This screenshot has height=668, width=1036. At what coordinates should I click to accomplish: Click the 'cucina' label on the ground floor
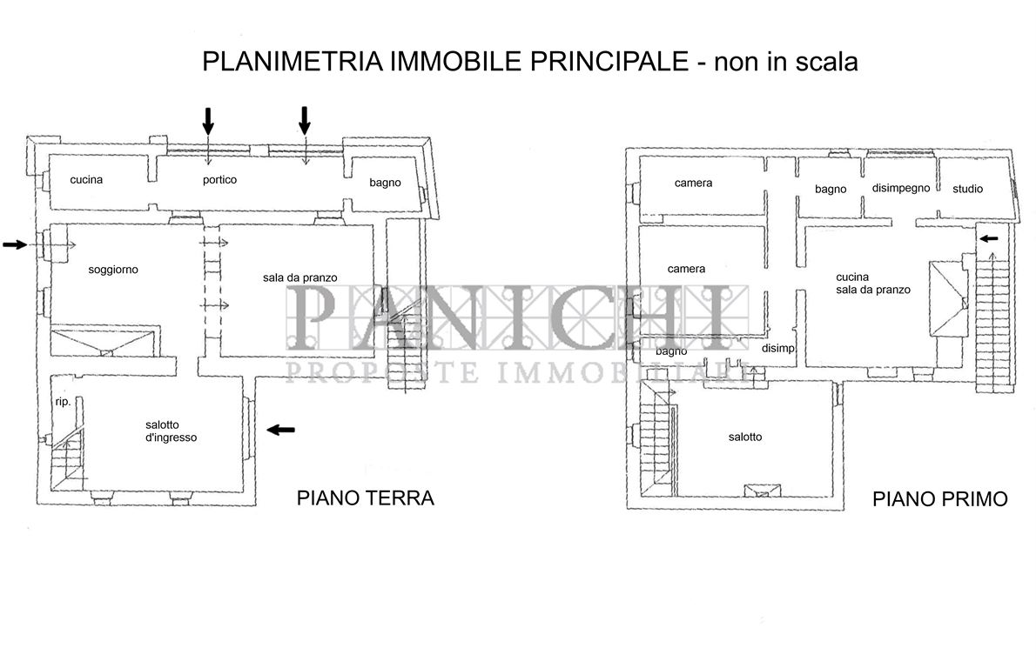[x=87, y=180]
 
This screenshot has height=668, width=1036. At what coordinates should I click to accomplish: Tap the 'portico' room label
[x=219, y=180]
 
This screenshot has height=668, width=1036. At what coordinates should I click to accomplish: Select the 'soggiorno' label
[x=113, y=270]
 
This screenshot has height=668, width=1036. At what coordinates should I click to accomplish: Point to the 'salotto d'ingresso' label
[x=171, y=431]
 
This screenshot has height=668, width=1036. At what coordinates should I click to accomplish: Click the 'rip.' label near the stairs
[x=63, y=402]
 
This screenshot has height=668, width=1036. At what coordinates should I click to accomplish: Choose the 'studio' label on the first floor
[x=967, y=189]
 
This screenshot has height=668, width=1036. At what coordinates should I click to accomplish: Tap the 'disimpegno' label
[x=901, y=188]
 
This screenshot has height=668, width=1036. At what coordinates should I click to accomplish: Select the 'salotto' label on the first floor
[x=745, y=437]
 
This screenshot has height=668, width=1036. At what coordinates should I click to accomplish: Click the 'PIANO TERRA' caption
[x=366, y=498]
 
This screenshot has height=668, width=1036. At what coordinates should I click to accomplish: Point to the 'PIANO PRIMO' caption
[x=940, y=499]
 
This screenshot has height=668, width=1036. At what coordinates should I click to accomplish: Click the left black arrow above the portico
[x=208, y=120]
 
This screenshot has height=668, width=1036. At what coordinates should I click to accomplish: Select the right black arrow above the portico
[x=305, y=120]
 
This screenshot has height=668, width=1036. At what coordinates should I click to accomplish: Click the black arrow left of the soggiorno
[x=15, y=245]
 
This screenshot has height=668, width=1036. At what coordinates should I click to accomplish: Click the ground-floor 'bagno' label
[x=385, y=183]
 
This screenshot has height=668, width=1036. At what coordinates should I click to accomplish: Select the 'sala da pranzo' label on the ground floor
[x=300, y=277]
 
